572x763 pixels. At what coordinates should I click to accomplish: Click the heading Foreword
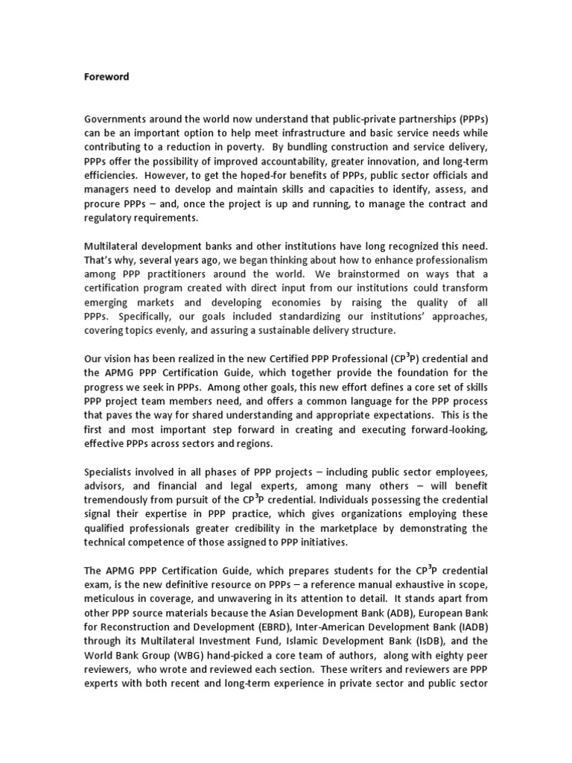[x=107, y=77]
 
